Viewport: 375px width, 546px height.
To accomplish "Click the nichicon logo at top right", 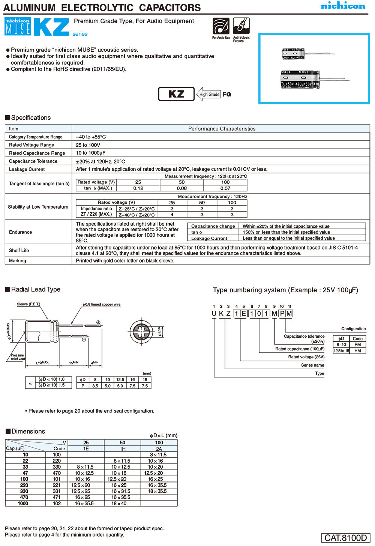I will (342, 6).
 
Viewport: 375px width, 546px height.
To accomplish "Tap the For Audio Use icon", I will (221, 26).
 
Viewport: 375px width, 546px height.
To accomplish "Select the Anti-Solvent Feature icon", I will (241, 26).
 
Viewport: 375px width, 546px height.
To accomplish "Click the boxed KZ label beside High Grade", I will (176, 94).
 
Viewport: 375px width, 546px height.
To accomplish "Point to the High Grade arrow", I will (208, 95).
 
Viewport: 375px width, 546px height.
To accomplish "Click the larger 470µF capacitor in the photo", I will (300, 79).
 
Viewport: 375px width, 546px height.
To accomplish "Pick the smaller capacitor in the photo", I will (293, 54).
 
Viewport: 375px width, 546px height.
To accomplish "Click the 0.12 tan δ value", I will (138, 188).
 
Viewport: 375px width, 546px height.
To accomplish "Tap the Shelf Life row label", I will (19, 250).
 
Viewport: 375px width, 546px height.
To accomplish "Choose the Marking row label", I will (18, 260).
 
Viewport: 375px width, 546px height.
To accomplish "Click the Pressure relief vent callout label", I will (17, 357).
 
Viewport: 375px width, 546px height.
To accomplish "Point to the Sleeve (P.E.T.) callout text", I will (28, 304).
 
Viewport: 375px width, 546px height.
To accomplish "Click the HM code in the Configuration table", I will (357, 351).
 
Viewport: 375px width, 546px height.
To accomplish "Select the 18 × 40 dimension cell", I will (122, 503).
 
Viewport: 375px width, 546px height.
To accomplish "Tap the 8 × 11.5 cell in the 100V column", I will (159, 454).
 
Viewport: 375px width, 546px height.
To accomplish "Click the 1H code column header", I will (122, 448).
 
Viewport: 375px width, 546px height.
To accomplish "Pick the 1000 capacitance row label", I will (23, 503).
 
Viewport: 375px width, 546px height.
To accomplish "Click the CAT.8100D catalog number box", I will (345, 538).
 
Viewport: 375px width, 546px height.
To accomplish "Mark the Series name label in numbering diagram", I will (312, 365).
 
